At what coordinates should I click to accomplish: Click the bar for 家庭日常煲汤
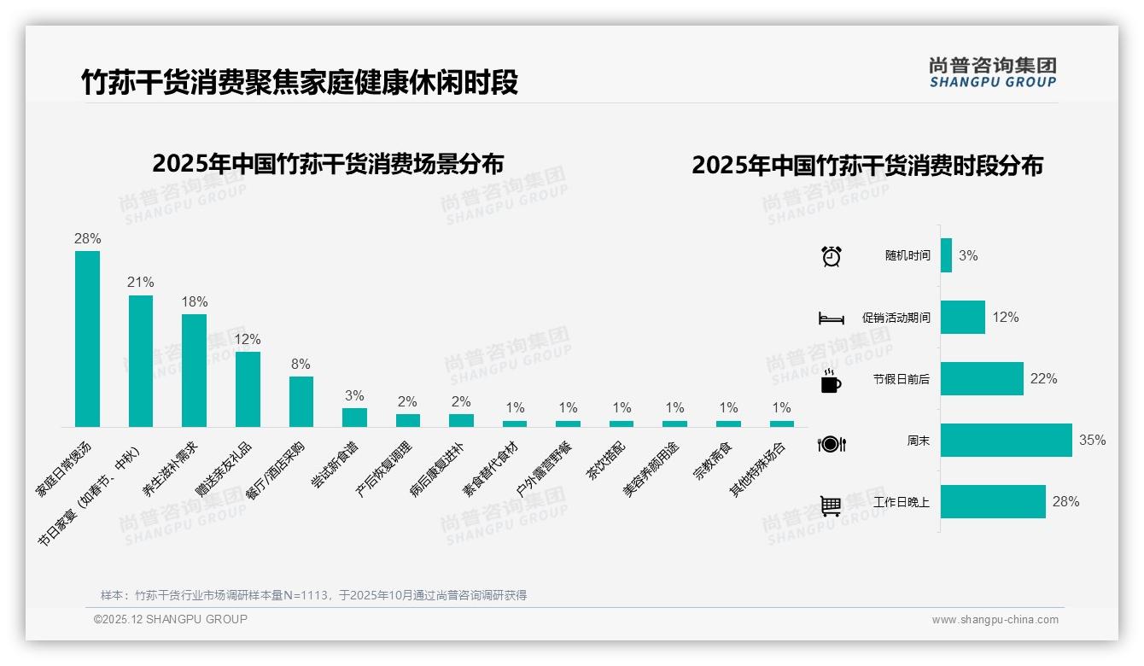tap(87, 339)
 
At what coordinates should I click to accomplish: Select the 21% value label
tap(141, 283)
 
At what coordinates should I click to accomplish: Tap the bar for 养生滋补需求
tap(194, 371)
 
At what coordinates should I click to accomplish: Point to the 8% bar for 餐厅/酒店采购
tap(301, 401)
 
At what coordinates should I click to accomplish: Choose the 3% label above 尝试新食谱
tap(354, 396)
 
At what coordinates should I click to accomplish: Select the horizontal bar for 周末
tap(1006, 441)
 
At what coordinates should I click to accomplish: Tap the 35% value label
tap(1092, 441)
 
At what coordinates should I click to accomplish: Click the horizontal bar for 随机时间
tap(946, 255)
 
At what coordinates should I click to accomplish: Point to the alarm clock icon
tap(831, 256)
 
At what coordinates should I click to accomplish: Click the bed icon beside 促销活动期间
tap(831, 318)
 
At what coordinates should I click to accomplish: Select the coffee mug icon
tap(831, 381)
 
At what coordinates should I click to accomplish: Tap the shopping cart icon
tap(831, 505)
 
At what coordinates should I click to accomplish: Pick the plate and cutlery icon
tap(831, 443)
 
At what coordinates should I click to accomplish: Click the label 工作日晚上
tap(902, 502)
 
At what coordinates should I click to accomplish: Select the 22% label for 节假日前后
tap(1043, 379)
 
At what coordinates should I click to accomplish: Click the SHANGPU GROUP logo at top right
tap(992, 72)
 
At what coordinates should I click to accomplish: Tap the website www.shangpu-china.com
tap(995, 620)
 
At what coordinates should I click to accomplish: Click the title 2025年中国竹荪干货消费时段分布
tap(867, 166)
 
